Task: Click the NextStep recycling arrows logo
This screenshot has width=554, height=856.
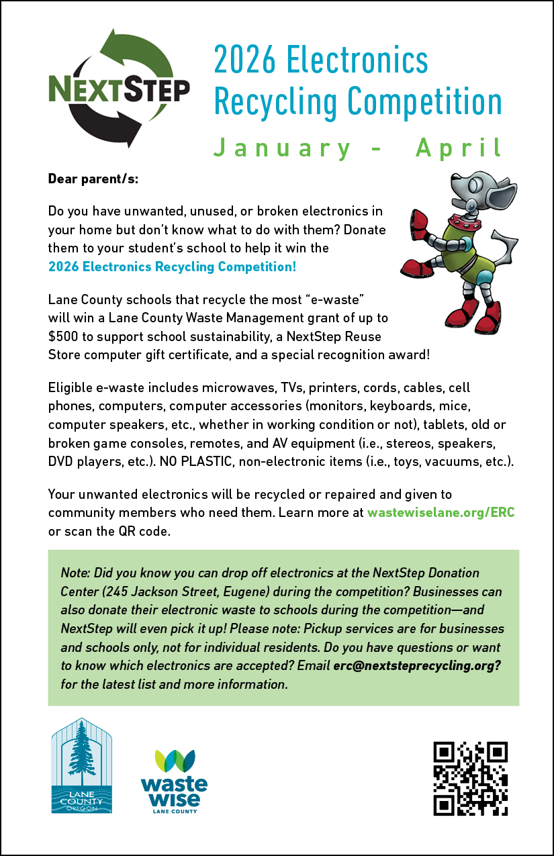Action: point(119,87)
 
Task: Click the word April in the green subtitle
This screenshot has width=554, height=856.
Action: point(458,148)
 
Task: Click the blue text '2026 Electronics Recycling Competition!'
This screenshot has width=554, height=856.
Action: point(172,267)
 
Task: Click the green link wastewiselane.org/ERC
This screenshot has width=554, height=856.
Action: point(441,513)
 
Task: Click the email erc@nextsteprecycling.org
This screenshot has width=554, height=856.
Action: point(416,667)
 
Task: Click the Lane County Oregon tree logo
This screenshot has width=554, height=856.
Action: point(82,765)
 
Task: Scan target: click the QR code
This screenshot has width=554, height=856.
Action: point(470,779)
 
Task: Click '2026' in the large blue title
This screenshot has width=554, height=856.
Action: point(244,60)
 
